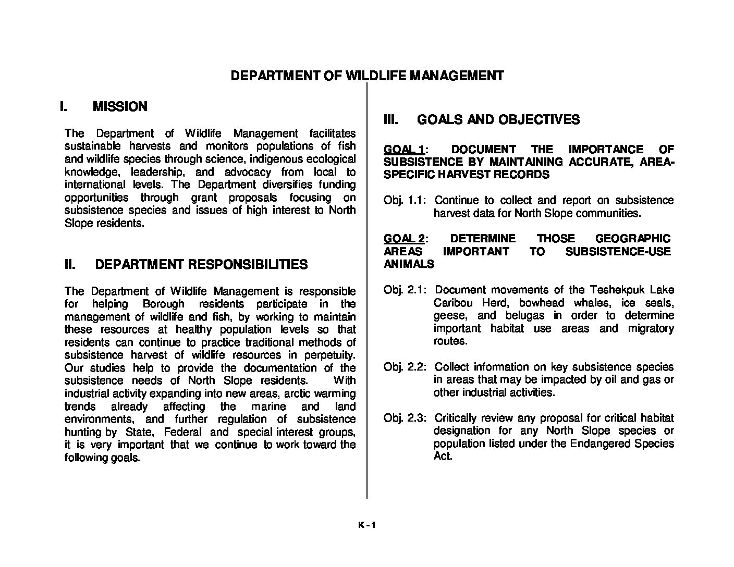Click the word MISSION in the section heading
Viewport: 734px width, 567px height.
pos(120,107)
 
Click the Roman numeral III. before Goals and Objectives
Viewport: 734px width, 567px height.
pos(391,120)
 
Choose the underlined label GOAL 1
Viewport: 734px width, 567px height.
pos(403,150)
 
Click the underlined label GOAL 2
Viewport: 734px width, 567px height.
pos(403,239)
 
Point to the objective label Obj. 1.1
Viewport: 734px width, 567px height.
pos(405,201)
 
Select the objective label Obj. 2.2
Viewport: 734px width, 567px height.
pos(405,367)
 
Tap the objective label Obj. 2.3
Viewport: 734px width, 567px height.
pos(405,418)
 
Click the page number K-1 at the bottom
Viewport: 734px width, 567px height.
pos(366,525)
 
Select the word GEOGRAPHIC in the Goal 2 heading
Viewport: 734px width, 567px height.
pos(632,239)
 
